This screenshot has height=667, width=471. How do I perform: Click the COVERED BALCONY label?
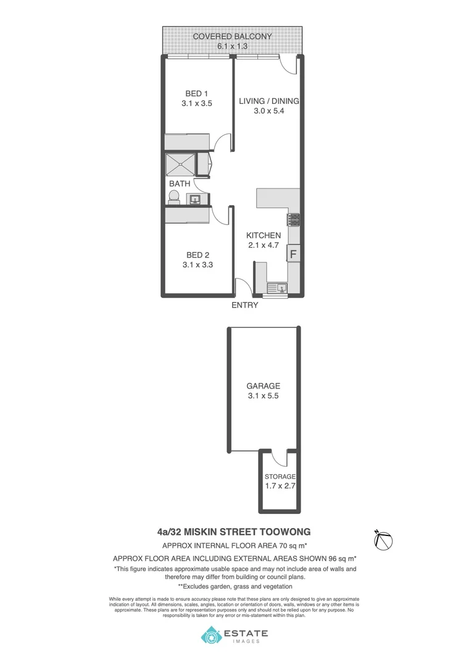click(x=232, y=36)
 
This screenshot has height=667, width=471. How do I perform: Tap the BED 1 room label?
click(x=197, y=94)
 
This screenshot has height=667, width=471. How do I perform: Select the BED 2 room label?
click(x=198, y=254)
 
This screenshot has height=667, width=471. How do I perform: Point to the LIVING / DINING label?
click(x=269, y=101)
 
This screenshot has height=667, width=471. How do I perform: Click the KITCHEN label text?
click(x=264, y=235)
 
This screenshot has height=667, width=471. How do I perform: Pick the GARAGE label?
click(x=264, y=386)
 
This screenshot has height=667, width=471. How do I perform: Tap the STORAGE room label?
click(x=280, y=477)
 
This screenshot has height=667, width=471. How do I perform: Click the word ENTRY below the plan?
click(x=244, y=305)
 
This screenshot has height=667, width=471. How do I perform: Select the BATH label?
click(x=180, y=183)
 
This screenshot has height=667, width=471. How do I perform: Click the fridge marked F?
click(x=293, y=253)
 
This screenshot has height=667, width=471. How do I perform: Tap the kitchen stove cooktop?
click(x=293, y=219)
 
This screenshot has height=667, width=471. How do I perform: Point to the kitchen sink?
click(x=276, y=287)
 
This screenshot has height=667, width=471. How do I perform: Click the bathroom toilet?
click(x=174, y=197)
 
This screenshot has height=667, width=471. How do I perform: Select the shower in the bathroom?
click(x=180, y=165)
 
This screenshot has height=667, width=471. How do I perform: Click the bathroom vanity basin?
click(x=196, y=199)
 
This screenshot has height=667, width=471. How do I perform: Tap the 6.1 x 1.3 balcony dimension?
click(x=232, y=46)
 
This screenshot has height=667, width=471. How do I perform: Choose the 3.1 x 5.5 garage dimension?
click(x=264, y=396)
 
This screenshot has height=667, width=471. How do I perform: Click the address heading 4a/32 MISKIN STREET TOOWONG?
click(x=234, y=531)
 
